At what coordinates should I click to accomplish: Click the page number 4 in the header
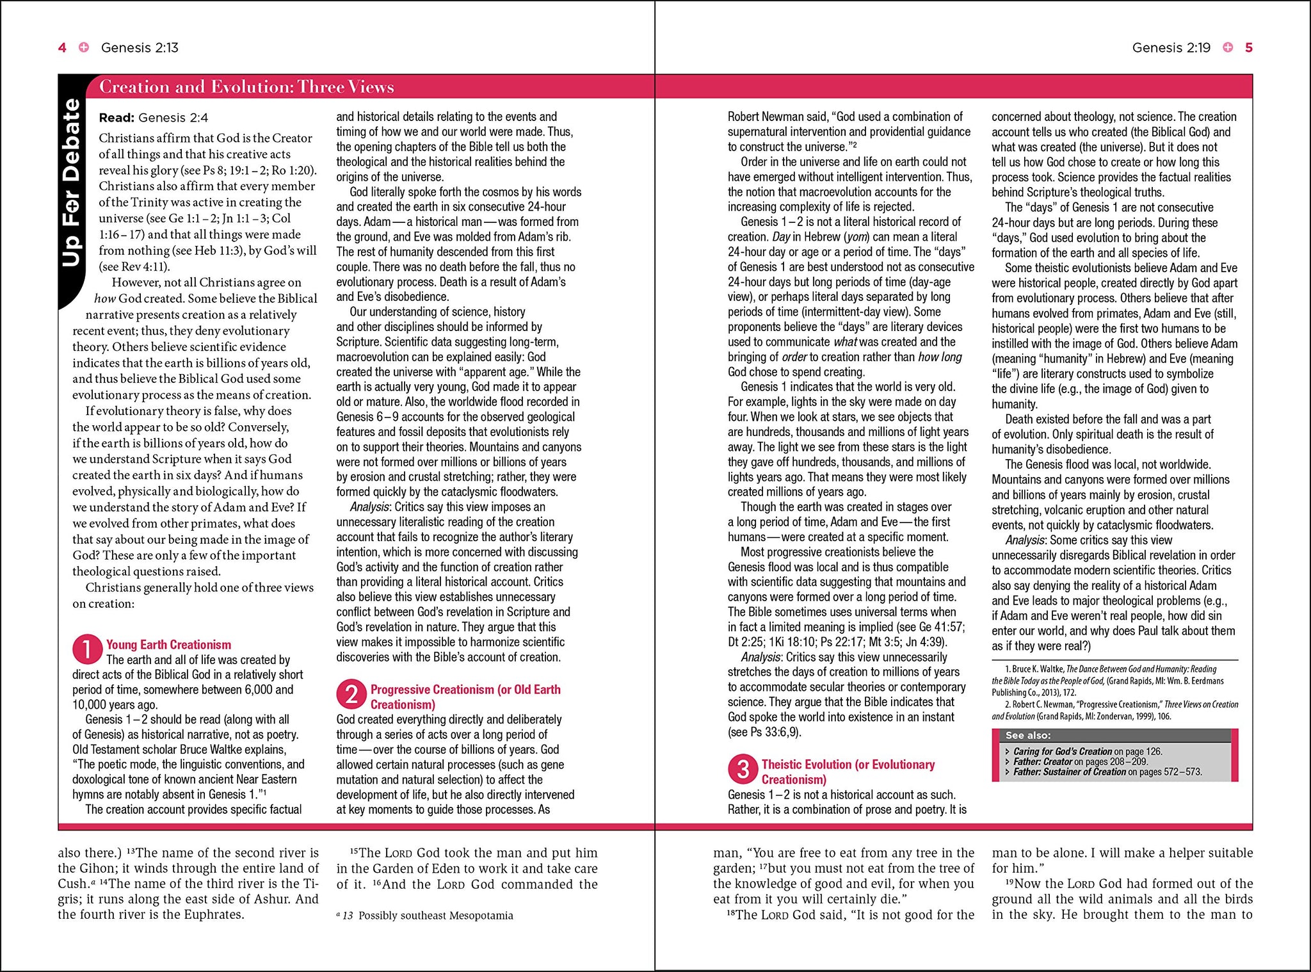62,47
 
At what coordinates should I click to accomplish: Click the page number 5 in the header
1248,47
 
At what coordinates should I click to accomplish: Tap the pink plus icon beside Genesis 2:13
84,47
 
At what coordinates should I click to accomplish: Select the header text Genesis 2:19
1171,47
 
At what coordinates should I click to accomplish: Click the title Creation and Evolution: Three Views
246,87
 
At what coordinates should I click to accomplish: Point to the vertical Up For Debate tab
71,182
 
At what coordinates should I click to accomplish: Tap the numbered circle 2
351,694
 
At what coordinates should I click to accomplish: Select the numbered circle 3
743,769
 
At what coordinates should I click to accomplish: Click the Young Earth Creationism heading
168,645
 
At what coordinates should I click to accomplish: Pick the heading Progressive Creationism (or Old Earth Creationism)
465,697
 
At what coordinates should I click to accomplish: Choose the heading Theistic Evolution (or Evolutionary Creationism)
848,772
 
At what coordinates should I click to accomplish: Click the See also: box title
1027,736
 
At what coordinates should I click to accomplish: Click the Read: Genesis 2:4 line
154,118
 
